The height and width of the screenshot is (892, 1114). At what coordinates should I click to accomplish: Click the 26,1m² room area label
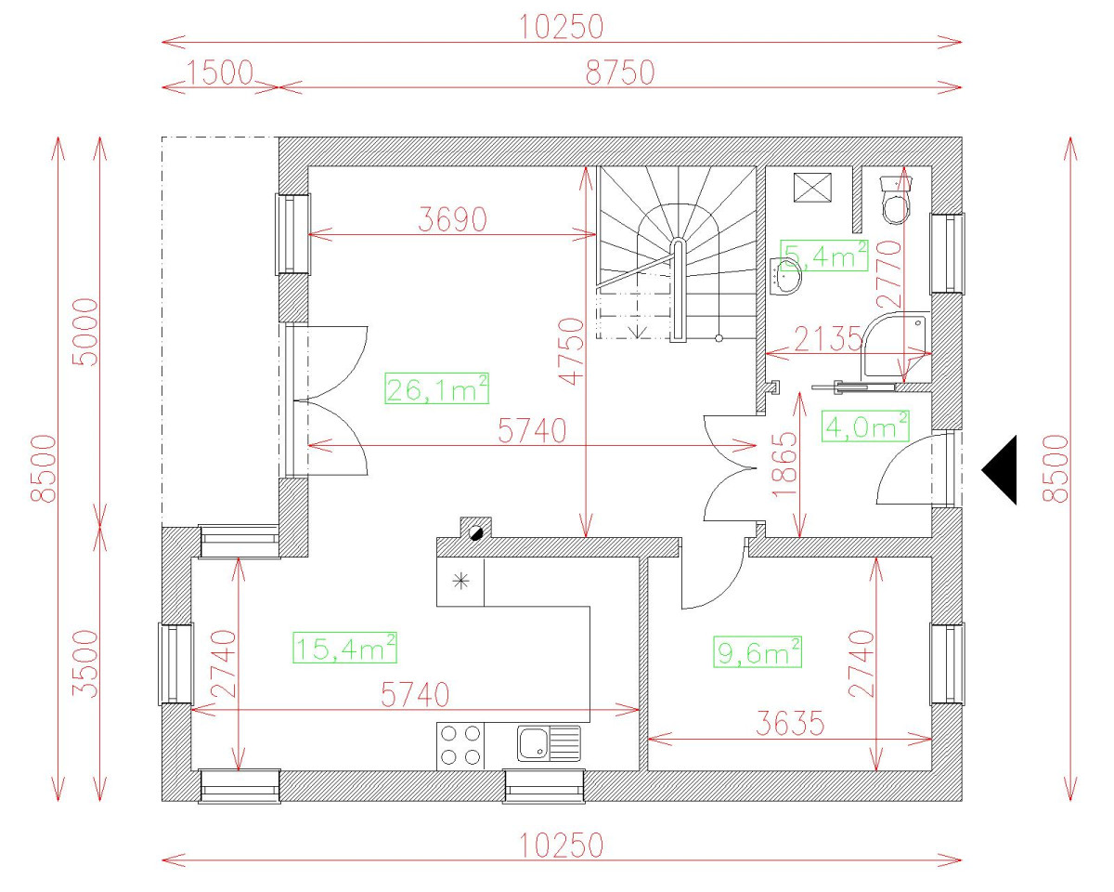coord(437,389)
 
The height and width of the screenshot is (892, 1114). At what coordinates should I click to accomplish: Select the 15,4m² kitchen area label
coord(345,648)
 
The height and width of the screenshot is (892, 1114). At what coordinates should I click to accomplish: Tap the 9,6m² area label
coord(758,652)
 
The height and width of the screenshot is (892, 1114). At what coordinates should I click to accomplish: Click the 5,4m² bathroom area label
coord(825,255)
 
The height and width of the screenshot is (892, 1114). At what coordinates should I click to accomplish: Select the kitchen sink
coord(548,743)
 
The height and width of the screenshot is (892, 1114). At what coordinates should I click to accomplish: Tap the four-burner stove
coord(460,744)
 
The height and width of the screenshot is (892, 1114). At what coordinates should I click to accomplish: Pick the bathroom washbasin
coord(787,276)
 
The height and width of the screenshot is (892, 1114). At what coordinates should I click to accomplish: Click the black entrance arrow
coord(1000,469)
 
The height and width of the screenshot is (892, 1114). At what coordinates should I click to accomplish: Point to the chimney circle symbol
coord(476,531)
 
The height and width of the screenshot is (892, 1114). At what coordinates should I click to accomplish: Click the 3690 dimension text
coord(452,219)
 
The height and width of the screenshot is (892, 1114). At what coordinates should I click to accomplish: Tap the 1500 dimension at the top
coord(221,72)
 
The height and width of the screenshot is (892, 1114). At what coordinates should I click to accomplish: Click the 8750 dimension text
coord(620,72)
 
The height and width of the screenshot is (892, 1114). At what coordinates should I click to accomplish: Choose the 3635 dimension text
coord(788,724)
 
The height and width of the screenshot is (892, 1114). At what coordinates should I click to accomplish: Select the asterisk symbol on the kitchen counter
coord(460,583)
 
